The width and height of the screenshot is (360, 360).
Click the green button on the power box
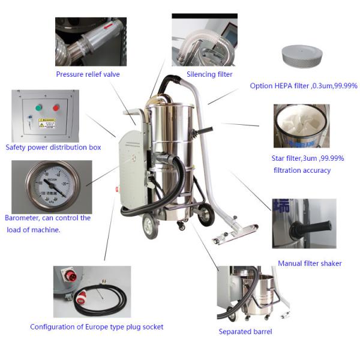pyautogui.click(x=40, y=109)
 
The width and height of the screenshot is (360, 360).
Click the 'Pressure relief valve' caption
pyautogui.click(x=88, y=74)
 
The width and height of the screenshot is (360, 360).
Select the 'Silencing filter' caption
pyautogui.click(x=209, y=74)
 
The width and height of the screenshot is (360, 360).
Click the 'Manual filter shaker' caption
pyautogui.click(x=310, y=263)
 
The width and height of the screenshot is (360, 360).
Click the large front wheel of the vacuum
pyautogui.click(x=150, y=227)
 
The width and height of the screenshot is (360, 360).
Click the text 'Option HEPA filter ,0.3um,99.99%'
pyautogui.click(x=304, y=86)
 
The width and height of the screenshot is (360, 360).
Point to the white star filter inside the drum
pyautogui.click(x=300, y=129)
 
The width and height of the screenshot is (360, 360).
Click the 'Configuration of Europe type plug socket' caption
pyautogui.click(x=97, y=327)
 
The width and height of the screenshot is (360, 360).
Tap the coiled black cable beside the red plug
pyautogui.click(x=108, y=299)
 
